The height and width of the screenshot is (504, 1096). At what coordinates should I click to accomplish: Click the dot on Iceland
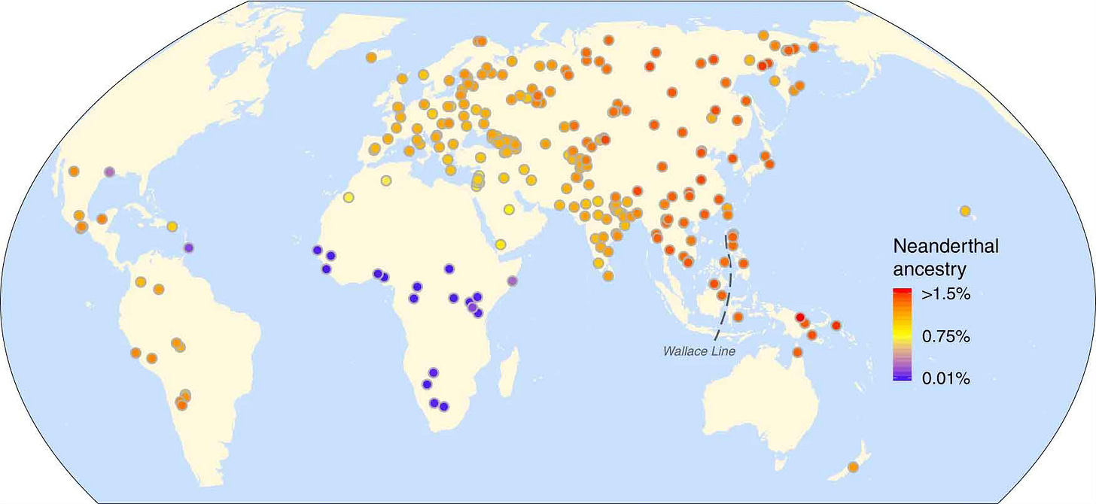[x=371, y=57]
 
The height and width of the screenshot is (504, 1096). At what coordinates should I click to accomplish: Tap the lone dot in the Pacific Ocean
[x=965, y=211]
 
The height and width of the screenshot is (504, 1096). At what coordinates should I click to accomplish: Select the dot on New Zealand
[x=853, y=467]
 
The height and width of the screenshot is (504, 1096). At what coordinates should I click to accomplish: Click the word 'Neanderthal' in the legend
[x=945, y=247]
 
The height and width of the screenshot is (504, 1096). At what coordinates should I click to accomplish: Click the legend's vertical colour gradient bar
[x=902, y=334]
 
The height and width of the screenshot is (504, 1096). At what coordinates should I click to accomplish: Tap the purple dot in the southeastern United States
[x=110, y=172]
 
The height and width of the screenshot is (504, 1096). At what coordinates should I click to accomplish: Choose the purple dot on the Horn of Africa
[x=513, y=281]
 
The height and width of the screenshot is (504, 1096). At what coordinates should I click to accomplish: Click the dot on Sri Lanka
[x=608, y=275]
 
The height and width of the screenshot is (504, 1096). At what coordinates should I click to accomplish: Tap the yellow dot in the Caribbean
[x=172, y=226]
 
